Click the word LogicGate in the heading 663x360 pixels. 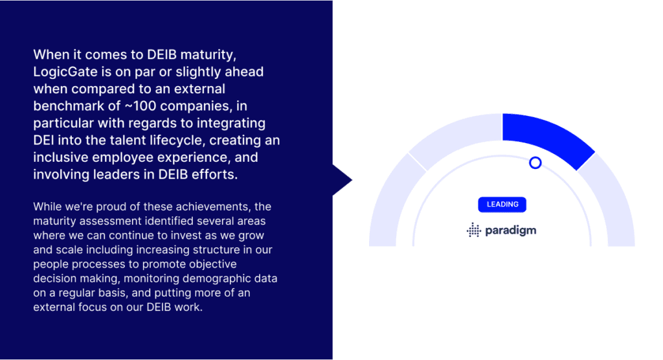click(x=65, y=72)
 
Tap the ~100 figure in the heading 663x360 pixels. click(x=140, y=106)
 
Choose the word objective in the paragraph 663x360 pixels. click(x=212, y=264)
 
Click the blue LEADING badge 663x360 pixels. click(x=502, y=205)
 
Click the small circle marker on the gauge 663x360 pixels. click(x=535, y=163)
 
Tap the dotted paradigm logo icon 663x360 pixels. click(x=473, y=230)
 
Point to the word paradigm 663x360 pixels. click(x=510, y=231)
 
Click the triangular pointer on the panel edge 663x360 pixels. click(x=341, y=180)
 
